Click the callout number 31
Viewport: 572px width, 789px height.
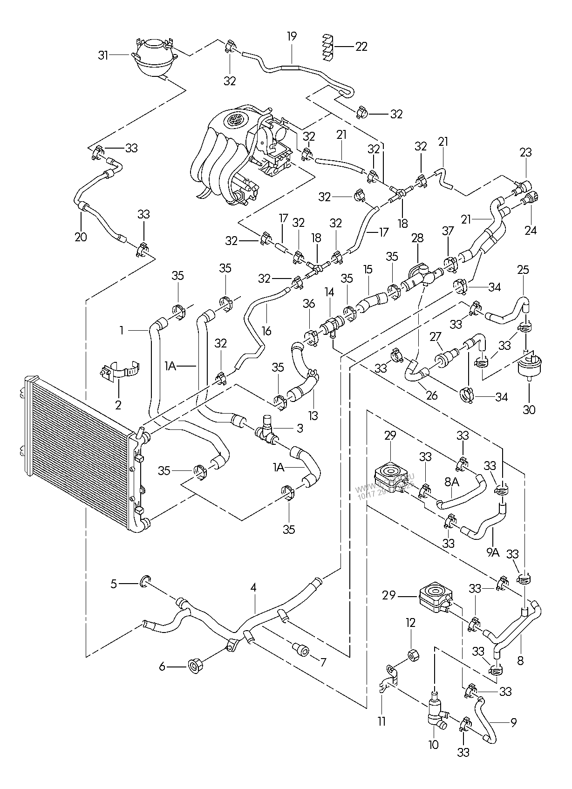(x=103, y=55)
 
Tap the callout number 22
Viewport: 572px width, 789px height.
(x=361, y=47)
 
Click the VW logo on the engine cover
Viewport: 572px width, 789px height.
(x=233, y=120)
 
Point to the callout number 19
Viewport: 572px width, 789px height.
(x=292, y=36)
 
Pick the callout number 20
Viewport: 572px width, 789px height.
(x=81, y=237)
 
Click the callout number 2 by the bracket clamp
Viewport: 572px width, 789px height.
(x=118, y=405)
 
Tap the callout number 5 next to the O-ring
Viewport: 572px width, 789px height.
(x=114, y=583)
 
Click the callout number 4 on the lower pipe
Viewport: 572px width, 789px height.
(x=253, y=588)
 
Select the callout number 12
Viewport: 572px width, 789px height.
(x=410, y=623)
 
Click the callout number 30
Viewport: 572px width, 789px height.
(x=529, y=409)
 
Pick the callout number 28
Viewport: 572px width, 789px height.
(x=417, y=238)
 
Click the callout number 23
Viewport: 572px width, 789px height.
(x=526, y=152)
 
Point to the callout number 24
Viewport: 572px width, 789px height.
(x=531, y=230)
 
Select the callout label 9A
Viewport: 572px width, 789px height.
(x=492, y=552)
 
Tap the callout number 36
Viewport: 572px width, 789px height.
(x=309, y=304)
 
